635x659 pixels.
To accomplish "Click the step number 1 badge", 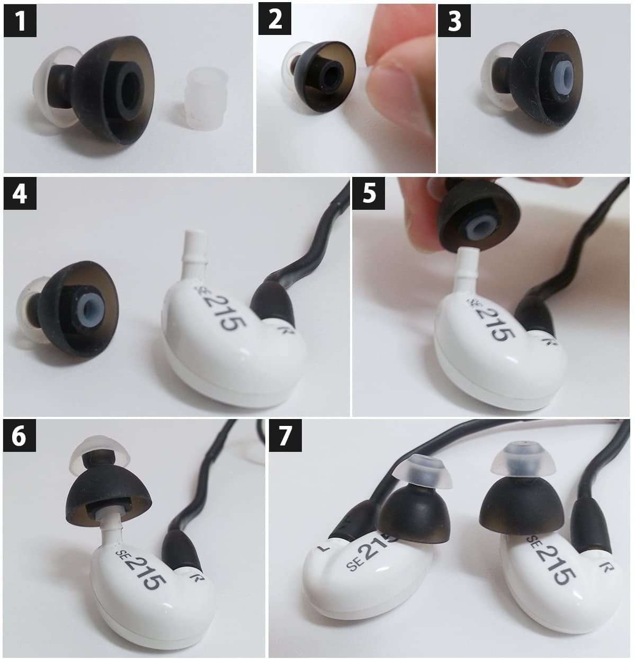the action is click(x=20, y=20).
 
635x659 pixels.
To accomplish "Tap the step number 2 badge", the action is click(x=275, y=19).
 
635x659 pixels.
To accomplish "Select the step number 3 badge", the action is click(x=454, y=20).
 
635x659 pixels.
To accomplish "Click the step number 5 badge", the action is click(x=369, y=193).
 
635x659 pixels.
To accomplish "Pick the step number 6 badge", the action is click(x=20, y=435).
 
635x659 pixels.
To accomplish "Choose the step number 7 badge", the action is click(x=285, y=435).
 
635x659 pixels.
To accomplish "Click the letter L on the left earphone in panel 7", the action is click(x=324, y=549).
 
